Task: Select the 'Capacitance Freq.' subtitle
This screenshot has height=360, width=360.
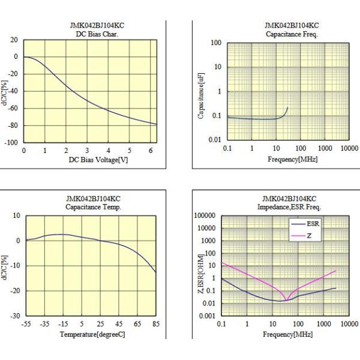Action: pyautogui.click(x=291, y=34)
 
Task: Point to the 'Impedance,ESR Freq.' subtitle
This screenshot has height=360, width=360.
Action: pyautogui.click(x=292, y=206)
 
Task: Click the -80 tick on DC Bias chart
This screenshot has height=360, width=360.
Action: pyautogui.click(x=12, y=125)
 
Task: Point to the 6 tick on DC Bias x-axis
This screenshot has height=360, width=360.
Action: pyautogui.click(x=151, y=150)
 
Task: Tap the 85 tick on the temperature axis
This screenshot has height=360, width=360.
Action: pyautogui.click(x=155, y=324)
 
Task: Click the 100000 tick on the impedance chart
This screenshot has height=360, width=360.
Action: pyautogui.click(x=206, y=215)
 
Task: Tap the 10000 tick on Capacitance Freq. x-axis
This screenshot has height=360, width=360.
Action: pyautogui.click(x=350, y=147)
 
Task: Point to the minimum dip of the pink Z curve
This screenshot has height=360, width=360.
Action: pyautogui.click(x=286, y=300)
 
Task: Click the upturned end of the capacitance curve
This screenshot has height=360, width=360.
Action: pyautogui.click(x=287, y=108)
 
